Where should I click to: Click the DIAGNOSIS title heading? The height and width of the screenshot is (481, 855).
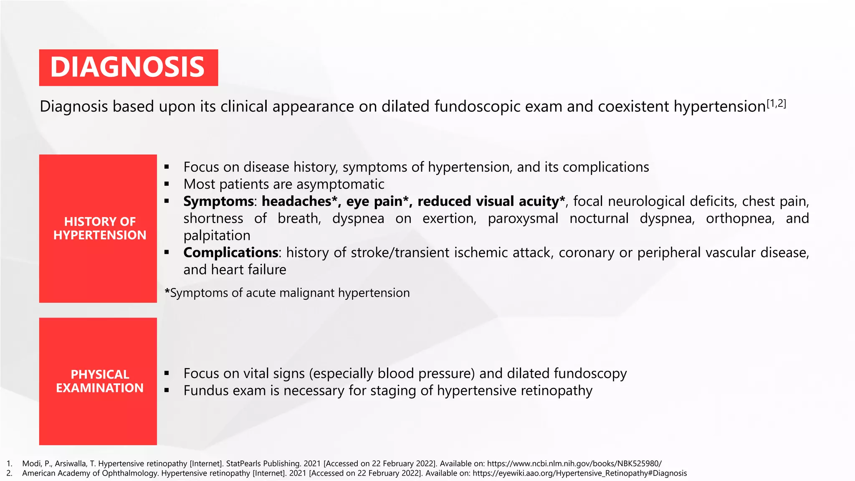point(128,68)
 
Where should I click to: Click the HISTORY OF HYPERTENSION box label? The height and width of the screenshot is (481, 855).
point(99,228)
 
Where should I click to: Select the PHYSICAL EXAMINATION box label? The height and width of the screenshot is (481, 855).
point(99,381)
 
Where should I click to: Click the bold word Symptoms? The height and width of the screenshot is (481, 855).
point(218,202)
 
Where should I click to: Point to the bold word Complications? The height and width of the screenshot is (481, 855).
point(230,253)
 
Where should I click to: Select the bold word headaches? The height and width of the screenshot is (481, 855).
point(296,202)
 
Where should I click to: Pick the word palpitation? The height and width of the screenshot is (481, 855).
point(217,236)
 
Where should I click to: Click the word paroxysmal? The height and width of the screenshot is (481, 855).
point(523,219)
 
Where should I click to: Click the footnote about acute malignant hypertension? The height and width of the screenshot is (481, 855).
point(287,293)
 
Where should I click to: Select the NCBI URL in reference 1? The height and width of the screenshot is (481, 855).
point(574,464)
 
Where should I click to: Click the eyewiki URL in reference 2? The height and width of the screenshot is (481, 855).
point(579,473)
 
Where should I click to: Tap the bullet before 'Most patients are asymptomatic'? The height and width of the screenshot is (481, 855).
point(167,184)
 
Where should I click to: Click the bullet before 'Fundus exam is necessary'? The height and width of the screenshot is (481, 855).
point(167,391)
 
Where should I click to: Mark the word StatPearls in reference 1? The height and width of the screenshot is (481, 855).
point(242,464)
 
